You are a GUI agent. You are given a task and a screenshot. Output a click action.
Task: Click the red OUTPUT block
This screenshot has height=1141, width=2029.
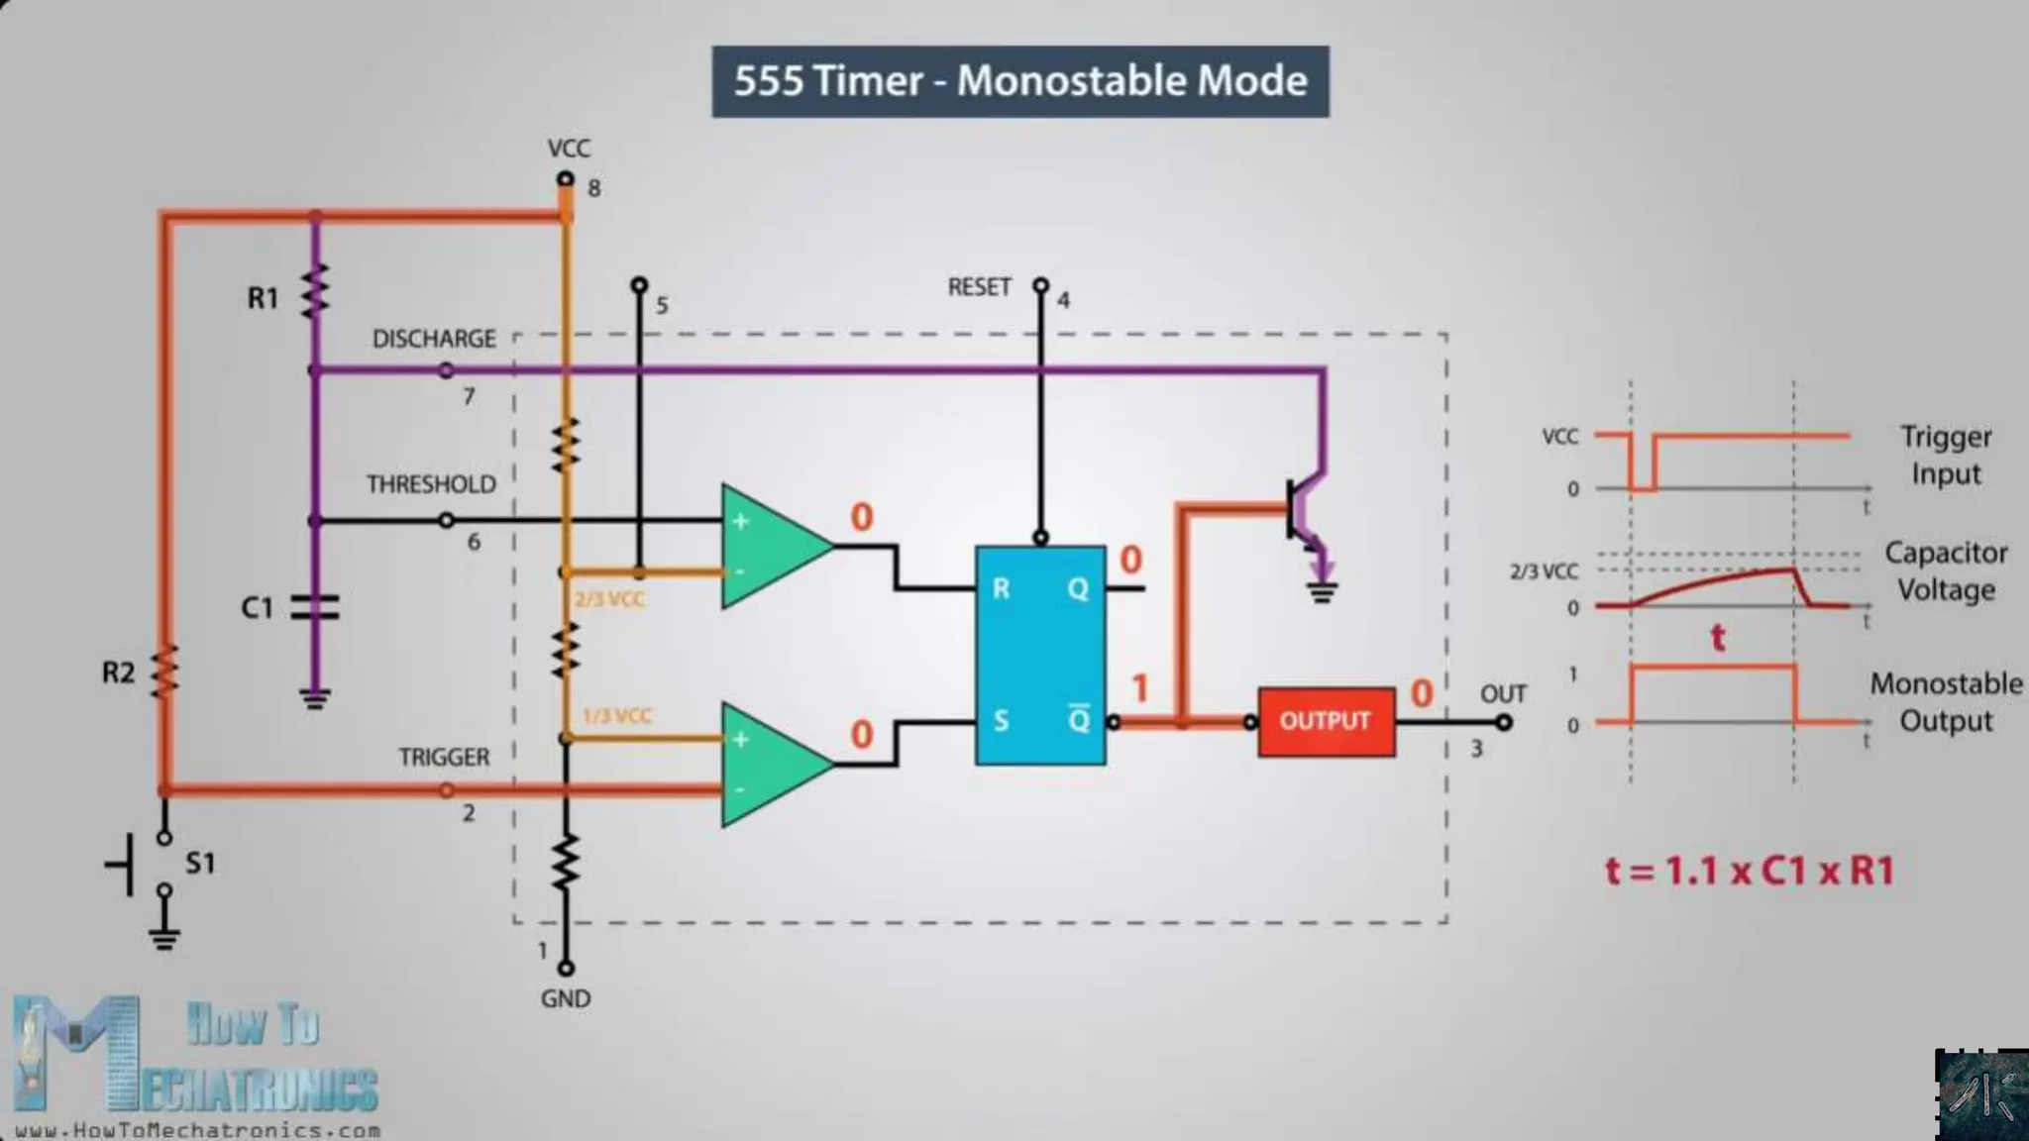pyautogui.click(x=1326, y=721)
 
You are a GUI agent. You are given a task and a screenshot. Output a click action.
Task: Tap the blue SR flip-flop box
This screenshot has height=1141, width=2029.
pyautogui.click(x=1040, y=655)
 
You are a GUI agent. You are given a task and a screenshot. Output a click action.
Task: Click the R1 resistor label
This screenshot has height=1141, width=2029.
pyautogui.click(x=263, y=298)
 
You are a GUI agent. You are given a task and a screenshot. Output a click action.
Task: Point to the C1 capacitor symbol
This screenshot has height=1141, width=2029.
pyautogui.click(x=315, y=606)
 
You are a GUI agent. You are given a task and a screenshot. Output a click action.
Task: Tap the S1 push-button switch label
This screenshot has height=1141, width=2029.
pyautogui.click(x=200, y=863)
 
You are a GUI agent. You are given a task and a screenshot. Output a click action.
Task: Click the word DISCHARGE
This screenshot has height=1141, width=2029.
pyautogui.click(x=434, y=339)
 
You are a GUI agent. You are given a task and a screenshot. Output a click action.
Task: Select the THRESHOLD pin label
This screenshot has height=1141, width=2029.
pyautogui.click(x=431, y=484)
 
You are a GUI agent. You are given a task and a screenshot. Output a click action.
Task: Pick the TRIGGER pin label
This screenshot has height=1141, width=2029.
pyautogui.click(x=444, y=757)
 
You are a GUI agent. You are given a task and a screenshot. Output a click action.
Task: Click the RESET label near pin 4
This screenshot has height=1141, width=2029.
pyautogui.click(x=979, y=287)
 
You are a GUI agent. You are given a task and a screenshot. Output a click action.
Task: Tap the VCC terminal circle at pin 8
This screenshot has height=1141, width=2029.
pyautogui.click(x=565, y=179)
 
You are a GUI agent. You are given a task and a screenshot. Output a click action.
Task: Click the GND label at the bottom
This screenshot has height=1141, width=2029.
pyautogui.click(x=565, y=998)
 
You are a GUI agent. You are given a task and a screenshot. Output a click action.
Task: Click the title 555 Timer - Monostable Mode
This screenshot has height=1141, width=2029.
pyautogui.click(x=1020, y=81)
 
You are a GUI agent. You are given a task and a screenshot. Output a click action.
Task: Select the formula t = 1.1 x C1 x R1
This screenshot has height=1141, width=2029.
pyautogui.click(x=1749, y=871)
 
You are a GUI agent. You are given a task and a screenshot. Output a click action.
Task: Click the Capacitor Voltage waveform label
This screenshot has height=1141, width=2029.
pyautogui.click(x=1945, y=570)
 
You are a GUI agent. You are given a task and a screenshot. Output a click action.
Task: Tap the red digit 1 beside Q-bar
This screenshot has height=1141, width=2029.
pyautogui.click(x=1140, y=687)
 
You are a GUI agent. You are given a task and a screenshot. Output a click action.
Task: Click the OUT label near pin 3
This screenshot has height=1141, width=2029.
pyautogui.click(x=1503, y=694)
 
